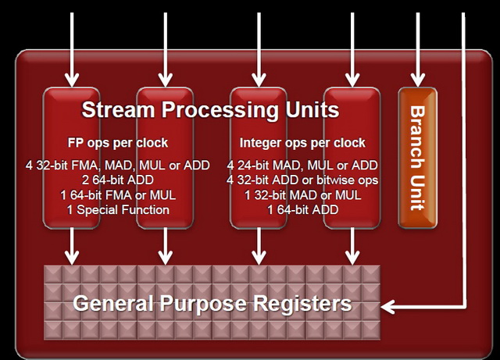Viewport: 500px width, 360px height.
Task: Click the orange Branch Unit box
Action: point(418,158)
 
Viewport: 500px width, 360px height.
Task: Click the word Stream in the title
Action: point(118,109)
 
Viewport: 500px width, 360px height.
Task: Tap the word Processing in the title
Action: point(220,110)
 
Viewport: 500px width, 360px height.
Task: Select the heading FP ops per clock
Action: point(118,143)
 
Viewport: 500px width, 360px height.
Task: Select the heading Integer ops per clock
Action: point(302,143)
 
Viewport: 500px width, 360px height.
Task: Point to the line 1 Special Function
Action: point(118,210)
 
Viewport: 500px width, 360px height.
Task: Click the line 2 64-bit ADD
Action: point(118,180)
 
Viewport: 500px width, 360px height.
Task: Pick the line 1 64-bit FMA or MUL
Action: point(118,194)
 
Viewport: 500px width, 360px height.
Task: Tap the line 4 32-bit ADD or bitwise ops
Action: point(302,180)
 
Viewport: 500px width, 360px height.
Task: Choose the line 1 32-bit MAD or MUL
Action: point(302,194)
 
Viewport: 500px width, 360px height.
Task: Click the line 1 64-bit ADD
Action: point(302,210)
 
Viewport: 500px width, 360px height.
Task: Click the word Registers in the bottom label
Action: point(302,303)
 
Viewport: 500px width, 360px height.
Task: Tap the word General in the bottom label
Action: point(113,303)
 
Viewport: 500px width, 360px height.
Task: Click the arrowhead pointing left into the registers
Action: point(388,307)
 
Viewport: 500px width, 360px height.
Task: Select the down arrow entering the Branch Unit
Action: point(418,49)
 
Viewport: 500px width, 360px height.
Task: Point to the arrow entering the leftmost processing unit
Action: point(72,49)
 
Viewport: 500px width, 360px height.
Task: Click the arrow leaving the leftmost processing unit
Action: point(72,246)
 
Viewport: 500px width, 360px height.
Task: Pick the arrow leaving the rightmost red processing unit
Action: point(352,246)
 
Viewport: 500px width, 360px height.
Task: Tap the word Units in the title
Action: point(312,109)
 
